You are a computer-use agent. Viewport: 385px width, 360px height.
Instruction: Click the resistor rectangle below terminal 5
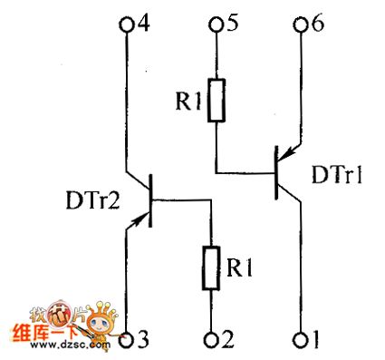pos(215,102)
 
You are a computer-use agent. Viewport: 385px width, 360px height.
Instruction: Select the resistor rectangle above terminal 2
pos(213,268)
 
